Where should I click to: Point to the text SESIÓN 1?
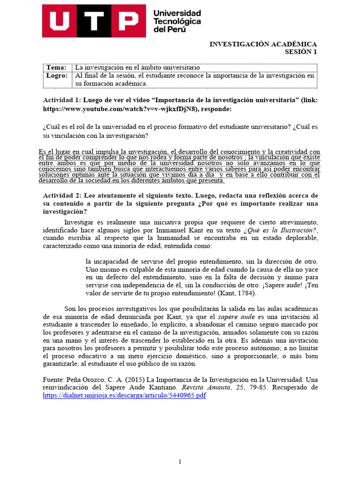[x=301, y=52]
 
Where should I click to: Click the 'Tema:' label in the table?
[x=56, y=68]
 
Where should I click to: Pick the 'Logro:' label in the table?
[x=57, y=75]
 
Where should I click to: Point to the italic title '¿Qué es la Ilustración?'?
[x=280, y=230]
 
